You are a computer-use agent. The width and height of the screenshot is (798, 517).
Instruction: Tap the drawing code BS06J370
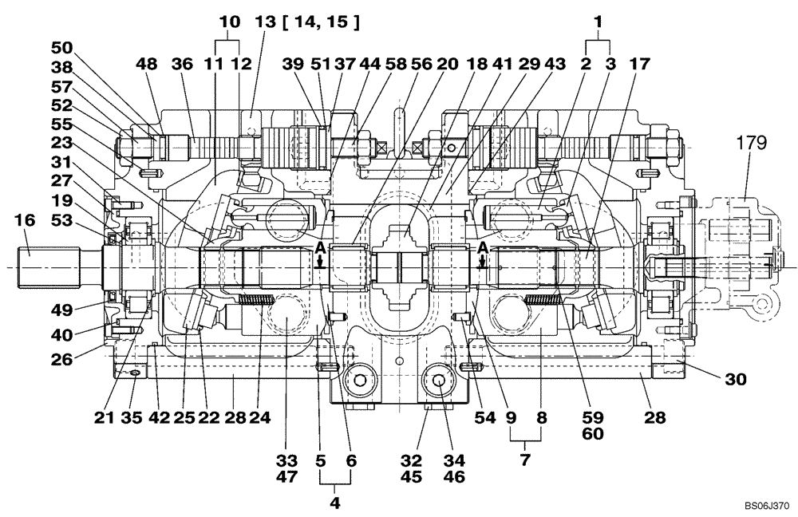coord(767,505)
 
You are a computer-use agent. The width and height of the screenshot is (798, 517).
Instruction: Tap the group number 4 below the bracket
coord(334,503)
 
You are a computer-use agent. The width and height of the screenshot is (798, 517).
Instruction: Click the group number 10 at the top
coord(230,23)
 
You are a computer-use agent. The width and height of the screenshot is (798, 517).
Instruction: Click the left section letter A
coord(319,247)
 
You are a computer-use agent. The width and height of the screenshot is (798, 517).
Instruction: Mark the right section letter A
coord(482,247)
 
